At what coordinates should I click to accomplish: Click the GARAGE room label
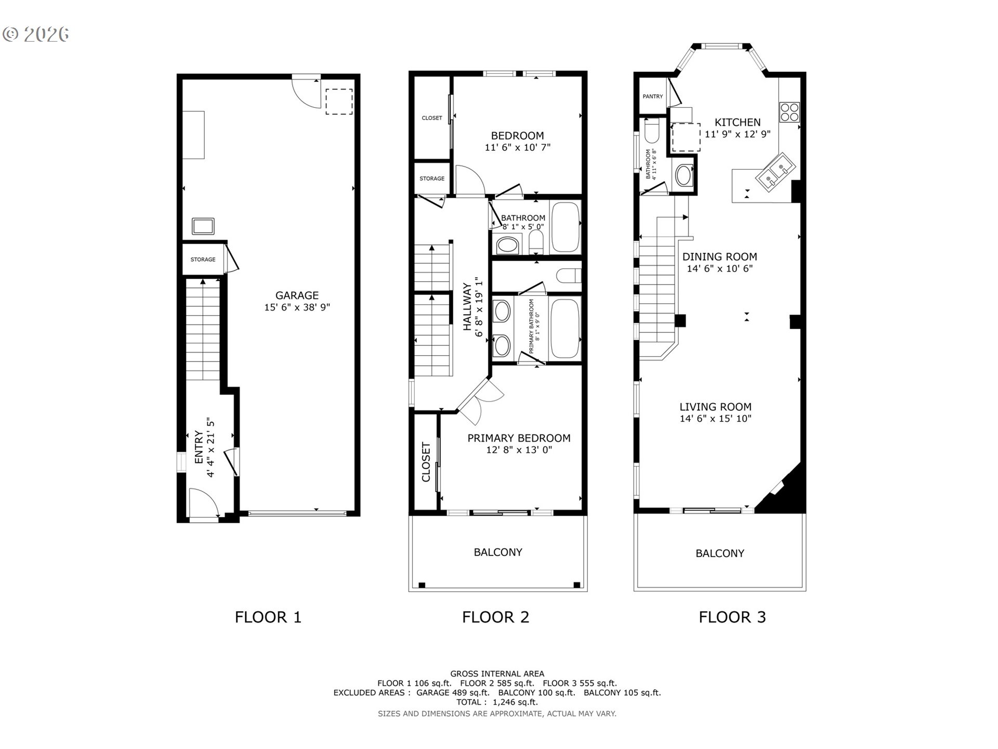pyautogui.click(x=297, y=295)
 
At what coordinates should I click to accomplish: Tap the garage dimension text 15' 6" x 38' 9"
pyautogui.click(x=297, y=307)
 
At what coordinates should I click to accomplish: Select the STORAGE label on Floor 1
pyautogui.click(x=203, y=260)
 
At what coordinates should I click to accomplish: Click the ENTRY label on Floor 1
pyautogui.click(x=199, y=447)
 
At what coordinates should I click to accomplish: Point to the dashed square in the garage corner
pyautogui.click(x=339, y=101)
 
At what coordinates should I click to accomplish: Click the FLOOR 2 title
pyautogui.click(x=495, y=617)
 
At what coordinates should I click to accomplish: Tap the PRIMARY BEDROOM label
pyautogui.click(x=519, y=438)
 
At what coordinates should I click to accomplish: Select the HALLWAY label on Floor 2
pyautogui.click(x=467, y=307)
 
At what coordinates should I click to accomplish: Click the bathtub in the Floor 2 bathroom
pyautogui.click(x=565, y=227)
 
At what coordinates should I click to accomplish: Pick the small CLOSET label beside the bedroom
pyautogui.click(x=431, y=118)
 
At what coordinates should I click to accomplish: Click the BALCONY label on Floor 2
pyautogui.click(x=498, y=552)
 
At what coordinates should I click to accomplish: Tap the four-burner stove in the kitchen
pyautogui.click(x=789, y=112)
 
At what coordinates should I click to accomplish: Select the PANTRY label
pyautogui.click(x=652, y=97)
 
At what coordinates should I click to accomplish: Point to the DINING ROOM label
pyautogui.click(x=719, y=257)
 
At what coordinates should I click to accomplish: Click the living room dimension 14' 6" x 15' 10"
pyautogui.click(x=715, y=419)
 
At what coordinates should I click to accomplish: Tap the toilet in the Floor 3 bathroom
pyautogui.click(x=651, y=131)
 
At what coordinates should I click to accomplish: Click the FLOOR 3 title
pyautogui.click(x=732, y=617)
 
